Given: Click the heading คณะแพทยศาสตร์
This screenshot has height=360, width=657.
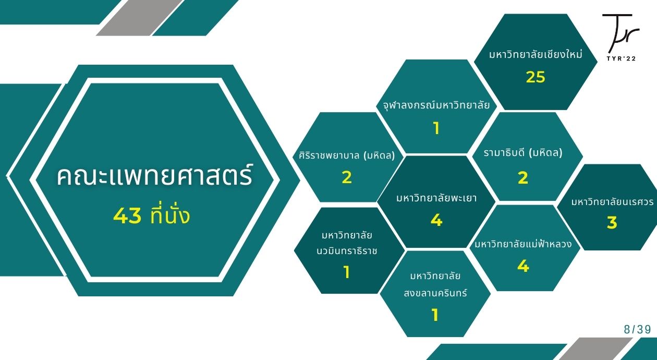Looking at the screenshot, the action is [154, 176].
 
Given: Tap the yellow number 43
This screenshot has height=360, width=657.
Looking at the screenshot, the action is [127, 215].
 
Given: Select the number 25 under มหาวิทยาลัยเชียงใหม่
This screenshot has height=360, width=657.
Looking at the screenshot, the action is [536, 77].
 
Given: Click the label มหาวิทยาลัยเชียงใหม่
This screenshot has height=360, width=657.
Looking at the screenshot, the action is [536, 54].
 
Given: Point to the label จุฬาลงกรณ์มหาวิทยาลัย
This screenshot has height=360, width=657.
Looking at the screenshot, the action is [436, 105].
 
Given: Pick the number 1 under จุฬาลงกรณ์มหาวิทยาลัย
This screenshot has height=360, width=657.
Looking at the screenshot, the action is [436, 128].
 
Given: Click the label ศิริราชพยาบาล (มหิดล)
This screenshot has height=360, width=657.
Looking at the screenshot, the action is [347, 155].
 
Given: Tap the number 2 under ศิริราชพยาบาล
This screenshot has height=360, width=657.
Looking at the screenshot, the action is [347, 177].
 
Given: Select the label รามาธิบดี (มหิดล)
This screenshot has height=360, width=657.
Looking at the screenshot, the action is [523, 152].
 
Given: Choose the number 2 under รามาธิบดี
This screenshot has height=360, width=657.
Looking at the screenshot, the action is [523, 178].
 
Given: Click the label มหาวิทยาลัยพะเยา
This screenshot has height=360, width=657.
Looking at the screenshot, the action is [436, 198].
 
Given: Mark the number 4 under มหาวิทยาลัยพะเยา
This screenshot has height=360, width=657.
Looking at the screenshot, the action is [436, 220].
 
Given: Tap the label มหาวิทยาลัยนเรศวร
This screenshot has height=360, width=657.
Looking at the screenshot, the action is [612, 202].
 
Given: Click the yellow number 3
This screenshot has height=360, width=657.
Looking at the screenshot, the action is [612, 222].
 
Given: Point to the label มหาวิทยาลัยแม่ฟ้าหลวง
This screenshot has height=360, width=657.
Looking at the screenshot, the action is [524, 244].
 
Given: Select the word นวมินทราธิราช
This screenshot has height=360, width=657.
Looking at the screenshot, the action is [347, 251].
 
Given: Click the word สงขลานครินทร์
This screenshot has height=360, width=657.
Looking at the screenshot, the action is [435, 293].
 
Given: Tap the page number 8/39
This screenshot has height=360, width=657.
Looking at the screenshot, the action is [637, 329].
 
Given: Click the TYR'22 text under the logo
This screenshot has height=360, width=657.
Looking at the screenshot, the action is [621, 58].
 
